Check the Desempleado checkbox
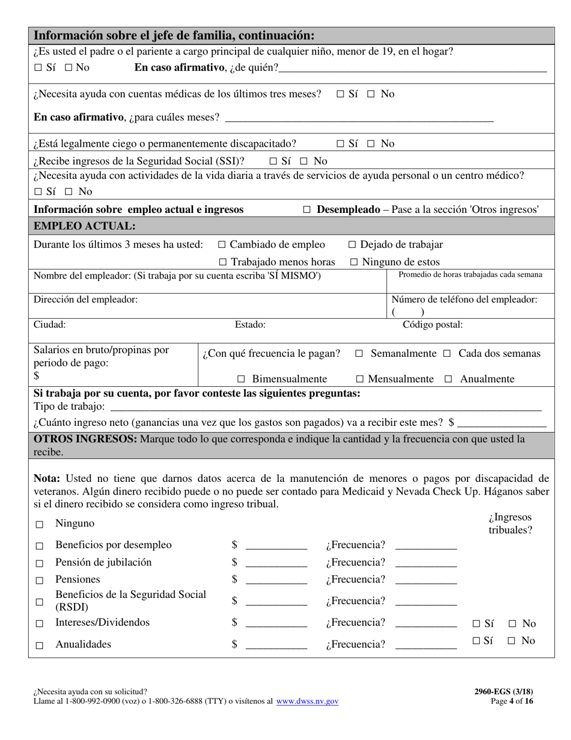coord(307,210)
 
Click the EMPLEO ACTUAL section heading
coord(85,226)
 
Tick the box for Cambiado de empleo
coord(222,245)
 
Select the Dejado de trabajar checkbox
coord(353,245)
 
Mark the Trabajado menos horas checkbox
coord(223,262)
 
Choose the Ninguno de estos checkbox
coord(354,262)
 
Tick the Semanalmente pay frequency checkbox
coord(359,354)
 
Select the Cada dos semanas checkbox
coord(447,354)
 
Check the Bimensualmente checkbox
coord(241,379)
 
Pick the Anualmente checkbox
coord(448,379)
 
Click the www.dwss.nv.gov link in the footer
coord(307,701)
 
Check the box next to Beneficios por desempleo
coord(40,546)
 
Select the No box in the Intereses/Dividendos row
coord(511,624)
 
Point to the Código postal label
coord(432,325)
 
